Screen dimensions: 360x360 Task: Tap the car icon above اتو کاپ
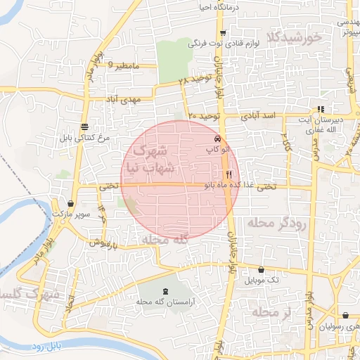[x=218, y=139]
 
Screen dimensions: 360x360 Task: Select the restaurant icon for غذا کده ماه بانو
[x=229, y=174]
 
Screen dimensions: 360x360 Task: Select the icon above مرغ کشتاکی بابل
[x=84, y=127]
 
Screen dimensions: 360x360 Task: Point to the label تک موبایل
[x=261, y=280]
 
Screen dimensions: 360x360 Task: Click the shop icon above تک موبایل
[x=261, y=269]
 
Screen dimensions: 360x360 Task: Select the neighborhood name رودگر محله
[x=277, y=224]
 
